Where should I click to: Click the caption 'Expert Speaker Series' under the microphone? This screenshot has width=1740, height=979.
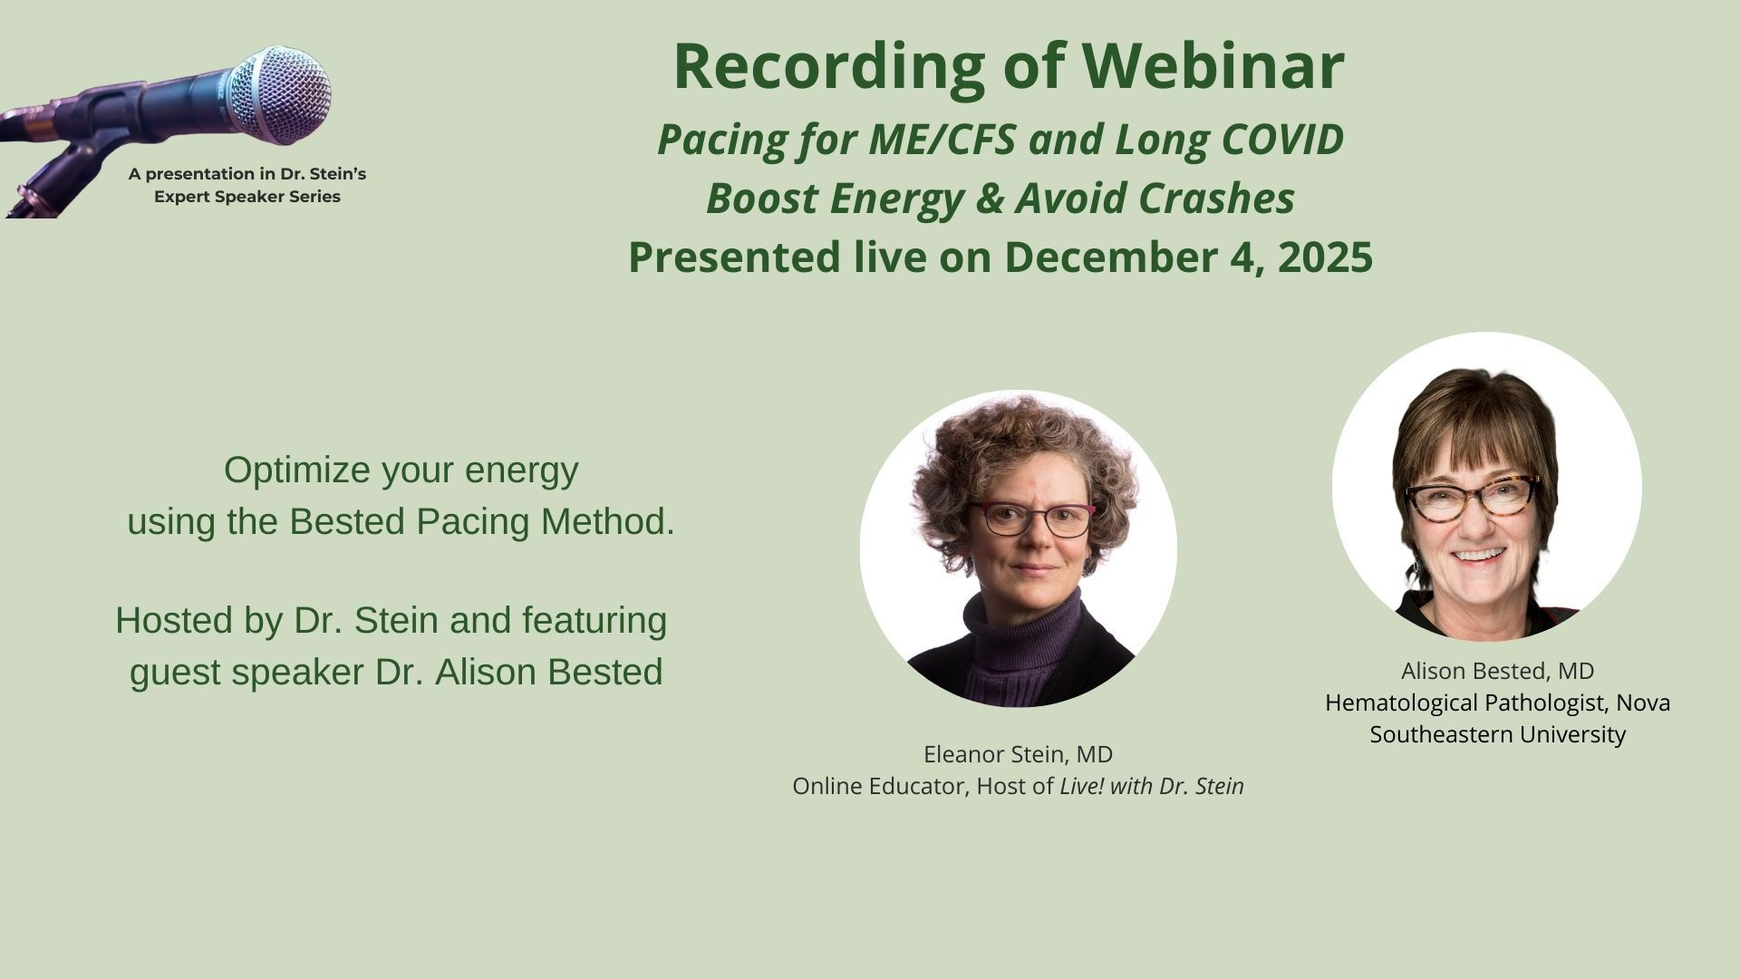247,197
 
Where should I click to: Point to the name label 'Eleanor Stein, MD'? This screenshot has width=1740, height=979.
1018,754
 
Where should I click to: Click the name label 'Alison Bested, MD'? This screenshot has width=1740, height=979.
1497,671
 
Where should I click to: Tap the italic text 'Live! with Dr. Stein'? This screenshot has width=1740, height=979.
1152,786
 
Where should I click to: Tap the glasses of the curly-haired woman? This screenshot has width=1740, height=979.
1031,519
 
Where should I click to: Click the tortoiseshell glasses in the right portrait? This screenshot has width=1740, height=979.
1473,498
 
